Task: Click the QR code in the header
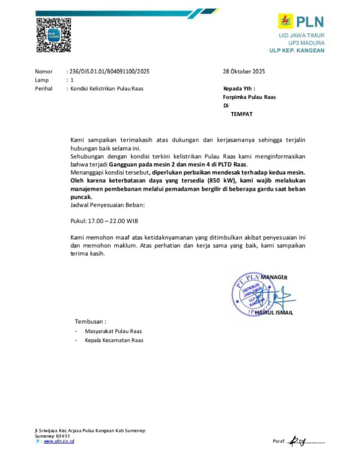point(53,35)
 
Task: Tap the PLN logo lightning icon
point(286,21)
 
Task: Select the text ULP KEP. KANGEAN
point(297,50)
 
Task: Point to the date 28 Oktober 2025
point(244,72)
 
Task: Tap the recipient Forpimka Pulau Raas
point(250,97)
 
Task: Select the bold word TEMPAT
point(242,114)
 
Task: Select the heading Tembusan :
point(91,321)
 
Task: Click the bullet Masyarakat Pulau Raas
point(113,331)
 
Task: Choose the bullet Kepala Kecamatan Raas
point(114,340)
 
